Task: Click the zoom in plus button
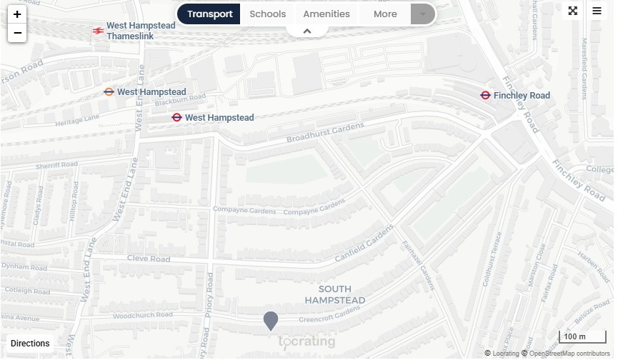(17, 14)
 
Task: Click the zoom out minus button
(17, 33)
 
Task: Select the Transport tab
(209, 14)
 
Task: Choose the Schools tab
(267, 14)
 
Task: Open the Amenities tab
(327, 14)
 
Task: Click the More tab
(384, 14)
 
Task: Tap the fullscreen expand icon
(573, 11)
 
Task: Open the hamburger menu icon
(597, 11)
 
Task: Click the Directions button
(30, 344)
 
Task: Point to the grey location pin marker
(270, 321)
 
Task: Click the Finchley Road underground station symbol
(485, 95)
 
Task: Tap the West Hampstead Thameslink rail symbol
(97, 31)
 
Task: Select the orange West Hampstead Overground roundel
(109, 91)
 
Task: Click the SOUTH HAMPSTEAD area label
(335, 295)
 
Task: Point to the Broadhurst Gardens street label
(325, 133)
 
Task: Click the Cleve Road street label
(149, 259)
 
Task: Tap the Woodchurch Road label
(142, 315)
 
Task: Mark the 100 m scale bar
(576, 337)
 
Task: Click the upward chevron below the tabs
(307, 31)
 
